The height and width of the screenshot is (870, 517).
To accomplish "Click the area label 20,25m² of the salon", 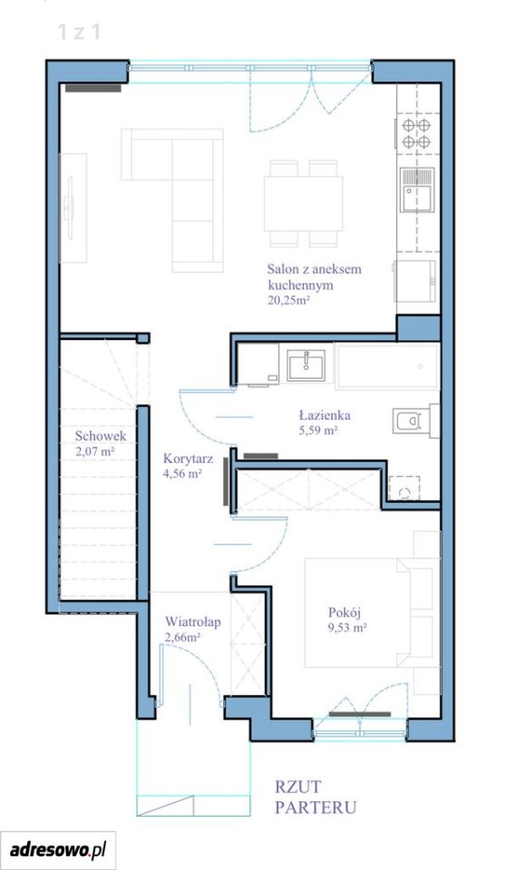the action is coord(288,301).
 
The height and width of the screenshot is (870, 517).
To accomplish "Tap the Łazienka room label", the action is coord(325,415).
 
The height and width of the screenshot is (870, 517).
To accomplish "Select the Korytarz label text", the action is coord(189,459).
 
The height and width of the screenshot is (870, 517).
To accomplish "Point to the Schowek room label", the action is coord(101,436).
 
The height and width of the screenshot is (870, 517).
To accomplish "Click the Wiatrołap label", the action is coord(192,622).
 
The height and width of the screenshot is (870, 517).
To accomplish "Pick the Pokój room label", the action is coord(345,613).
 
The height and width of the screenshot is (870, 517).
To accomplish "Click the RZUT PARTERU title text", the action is coord(315,797).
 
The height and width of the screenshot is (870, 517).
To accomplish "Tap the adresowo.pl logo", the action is coord(58,849).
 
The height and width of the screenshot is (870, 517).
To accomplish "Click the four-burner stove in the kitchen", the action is coord(416,134).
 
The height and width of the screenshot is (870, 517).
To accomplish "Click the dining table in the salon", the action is coord(303,203).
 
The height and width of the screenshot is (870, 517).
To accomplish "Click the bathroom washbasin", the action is coord(306,365).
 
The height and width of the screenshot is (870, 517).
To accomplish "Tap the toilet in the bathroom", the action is coord(415,420).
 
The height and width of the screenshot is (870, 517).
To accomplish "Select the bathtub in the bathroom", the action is coord(387,366).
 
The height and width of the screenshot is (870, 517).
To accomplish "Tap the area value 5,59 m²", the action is coord(318,430).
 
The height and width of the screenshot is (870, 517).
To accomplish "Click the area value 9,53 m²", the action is coord(347,628).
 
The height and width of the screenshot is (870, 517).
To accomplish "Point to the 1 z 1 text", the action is coord(79,33).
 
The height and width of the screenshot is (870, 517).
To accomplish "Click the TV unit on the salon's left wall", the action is coord(73,208).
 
